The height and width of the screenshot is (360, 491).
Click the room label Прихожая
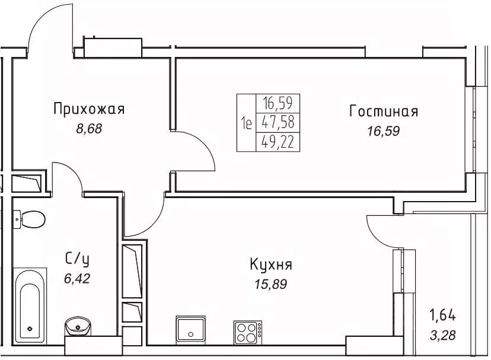pos(88,109)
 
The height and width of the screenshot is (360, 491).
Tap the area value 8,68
pos(89,129)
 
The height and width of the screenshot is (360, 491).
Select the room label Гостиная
pos(384,111)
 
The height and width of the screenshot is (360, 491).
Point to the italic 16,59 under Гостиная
pos(384,131)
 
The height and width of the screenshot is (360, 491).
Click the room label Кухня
pos(270,265)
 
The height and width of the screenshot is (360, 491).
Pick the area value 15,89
pos(270,284)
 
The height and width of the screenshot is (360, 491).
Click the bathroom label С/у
pos(76,258)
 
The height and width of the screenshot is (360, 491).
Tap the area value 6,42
pos(76,276)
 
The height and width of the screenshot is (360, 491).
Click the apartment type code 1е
pos(246,124)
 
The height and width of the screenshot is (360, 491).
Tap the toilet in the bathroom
pos(30,219)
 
